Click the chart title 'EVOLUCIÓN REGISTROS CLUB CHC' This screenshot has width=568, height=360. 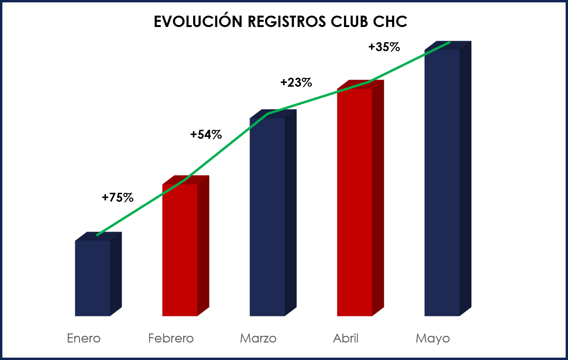tap(280, 22)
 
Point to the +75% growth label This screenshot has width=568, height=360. tap(117, 198)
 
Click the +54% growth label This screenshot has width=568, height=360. tap(206, 135)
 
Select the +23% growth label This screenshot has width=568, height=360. tap(296, 82)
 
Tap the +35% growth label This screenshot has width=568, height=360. tap(384, 47)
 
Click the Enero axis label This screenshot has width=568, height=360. tap(84, 339)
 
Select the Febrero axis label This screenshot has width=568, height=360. tap(171, 339)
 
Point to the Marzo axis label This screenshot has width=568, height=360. tap(258, 339)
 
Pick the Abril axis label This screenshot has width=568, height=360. tap(346, 339)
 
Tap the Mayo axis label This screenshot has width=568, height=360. tap(433, 339)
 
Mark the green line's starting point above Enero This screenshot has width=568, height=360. tap(97, 235)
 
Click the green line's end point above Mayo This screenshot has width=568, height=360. tap(449, 42)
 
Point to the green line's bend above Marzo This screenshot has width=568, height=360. tap(268, 114)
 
